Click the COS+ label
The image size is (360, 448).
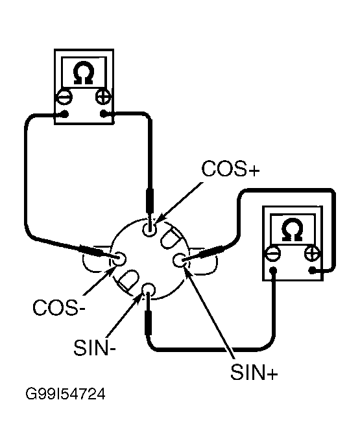tap(230, 169)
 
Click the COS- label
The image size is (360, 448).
tap(59, 307)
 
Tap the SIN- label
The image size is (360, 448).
tap(95, 348)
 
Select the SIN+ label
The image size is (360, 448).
tap(254, 371)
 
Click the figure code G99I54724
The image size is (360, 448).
tap(66, 394)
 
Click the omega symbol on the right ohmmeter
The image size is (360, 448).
tap(293, 230)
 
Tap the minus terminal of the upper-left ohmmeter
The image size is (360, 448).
tap(64, 97)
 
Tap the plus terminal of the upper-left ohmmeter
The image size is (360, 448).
tap(103, 97)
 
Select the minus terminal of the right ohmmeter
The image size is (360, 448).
tap(273, 253)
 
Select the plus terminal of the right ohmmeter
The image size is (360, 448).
tap(312, 253)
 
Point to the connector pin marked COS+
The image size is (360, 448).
tap(150, 229)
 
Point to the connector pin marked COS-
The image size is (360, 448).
tap(119, 259)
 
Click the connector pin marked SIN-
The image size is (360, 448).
tap(149, 290)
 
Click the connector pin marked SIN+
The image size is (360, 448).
tap(180, 260)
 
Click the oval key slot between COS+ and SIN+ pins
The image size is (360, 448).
tap(171, 238)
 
